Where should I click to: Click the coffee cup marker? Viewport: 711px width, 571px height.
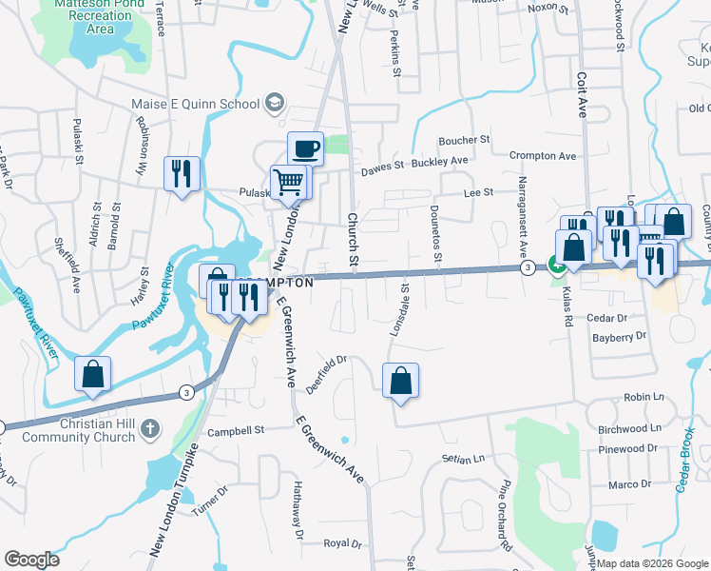tap(305, 149)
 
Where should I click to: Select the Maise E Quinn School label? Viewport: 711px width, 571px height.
tap(196, 104)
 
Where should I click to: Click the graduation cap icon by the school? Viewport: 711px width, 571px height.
tap(273, 103)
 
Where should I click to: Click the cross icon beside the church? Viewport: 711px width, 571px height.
tap(147, 430)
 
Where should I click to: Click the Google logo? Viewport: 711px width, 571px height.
tap(31, 560)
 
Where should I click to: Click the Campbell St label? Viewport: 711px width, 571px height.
tap(236, 430)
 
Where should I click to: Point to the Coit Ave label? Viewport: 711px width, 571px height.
tap(581, 94)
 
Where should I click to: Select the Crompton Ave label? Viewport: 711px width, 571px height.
tap(543, 155)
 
